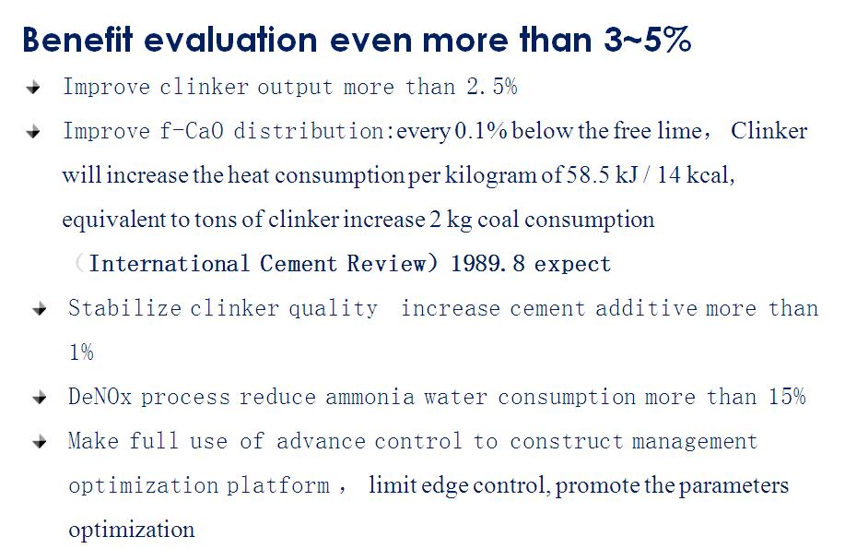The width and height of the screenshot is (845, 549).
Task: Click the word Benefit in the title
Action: pyautogui.click(x=77, y=40)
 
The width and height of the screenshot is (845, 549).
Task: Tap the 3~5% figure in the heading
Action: pyautogui.click(x=647, y=40)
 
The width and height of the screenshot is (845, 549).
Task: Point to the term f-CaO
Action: pyautogui.click(x=192, y=131)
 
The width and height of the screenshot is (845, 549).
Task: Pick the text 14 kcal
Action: pyautogui.click(x=696, y=175)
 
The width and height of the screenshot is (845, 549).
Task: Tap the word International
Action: pyautogui.click(x=170, y=264)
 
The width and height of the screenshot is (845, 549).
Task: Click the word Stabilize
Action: pyautogui.click(x=124, y=307)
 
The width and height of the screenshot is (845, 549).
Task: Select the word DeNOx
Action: pyautogui.click(x=100, y=396)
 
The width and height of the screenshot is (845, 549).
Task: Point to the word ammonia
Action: pyautogui.click(x=370, y=397)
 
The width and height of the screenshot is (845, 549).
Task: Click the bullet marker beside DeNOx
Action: pyautogui.click(x=40, y=398)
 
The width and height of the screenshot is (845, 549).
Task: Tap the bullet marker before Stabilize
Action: pyautogui.click(x=40, y=309)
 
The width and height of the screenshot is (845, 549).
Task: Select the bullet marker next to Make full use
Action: pyautogui.click(x=40, y=442)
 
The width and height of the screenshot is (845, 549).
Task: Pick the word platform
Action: pyautogui.click(x=278, y=486)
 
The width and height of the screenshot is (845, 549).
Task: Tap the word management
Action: pyautogui.click(x=695, y=442)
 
